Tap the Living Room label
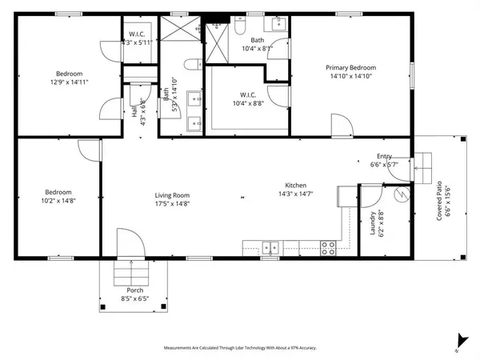pos(172,194)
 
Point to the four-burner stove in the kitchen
pos(328,248)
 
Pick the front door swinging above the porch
pos(128,244)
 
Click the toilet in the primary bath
pos(240,26)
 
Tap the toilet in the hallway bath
pos(190,65)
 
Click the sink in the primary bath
pos(280,24)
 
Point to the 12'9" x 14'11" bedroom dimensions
pos(58,81)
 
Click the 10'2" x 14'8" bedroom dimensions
pos(58,202)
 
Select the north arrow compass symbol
pos(458,340)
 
